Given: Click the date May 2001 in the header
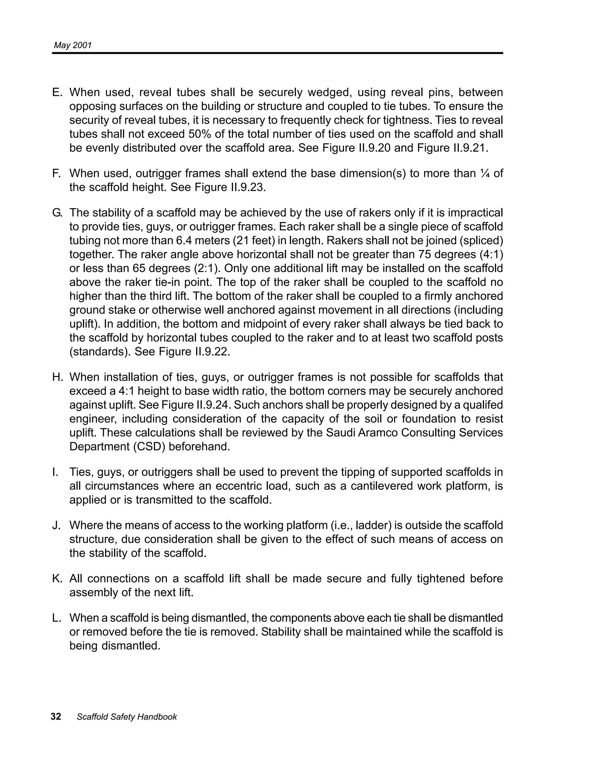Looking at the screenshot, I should point(72,45).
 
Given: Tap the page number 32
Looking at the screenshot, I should point(56,716).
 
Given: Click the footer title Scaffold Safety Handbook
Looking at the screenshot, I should point(127,717).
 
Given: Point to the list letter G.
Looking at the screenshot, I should point(57,213).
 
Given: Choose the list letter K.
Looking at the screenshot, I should point(57,578).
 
